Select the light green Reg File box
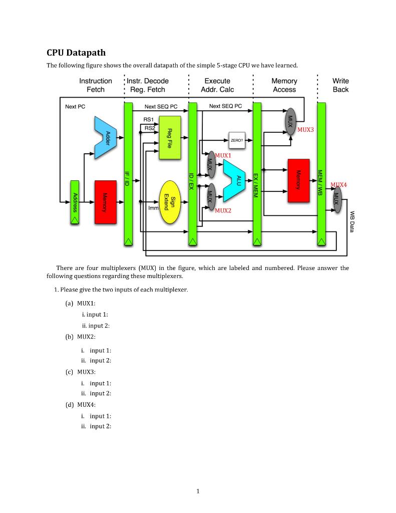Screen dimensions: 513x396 click(170, 137)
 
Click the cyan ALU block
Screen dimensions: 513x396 click(235, 180)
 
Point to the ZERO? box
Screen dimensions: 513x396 click(237, 140)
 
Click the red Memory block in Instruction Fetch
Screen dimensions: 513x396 click(106, 202)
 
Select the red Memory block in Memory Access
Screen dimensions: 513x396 click(298, 180)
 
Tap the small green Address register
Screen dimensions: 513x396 click(75, 202)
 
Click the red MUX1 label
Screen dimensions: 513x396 click(223, 156)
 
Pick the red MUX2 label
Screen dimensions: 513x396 click(223, 211)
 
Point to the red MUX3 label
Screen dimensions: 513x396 click(305, 130)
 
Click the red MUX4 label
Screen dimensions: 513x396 click(338, 185)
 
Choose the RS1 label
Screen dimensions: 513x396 click(148, 120)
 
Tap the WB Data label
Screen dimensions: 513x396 click(351, 221)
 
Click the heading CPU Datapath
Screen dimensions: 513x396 click(76, 53)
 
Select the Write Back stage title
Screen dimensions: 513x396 click(340, 85)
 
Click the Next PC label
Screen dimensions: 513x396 click(75, 107)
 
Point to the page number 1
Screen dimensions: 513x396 click(198, 491)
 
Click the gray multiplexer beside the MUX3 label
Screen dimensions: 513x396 click(290, 121)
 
